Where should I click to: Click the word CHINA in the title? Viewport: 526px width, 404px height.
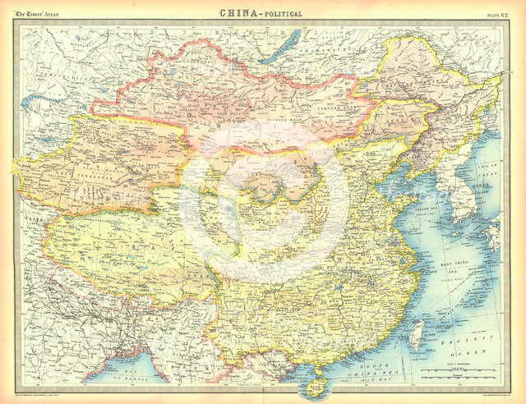tap(238, 13)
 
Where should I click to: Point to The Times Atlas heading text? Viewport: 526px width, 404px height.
tap(38, 12)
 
